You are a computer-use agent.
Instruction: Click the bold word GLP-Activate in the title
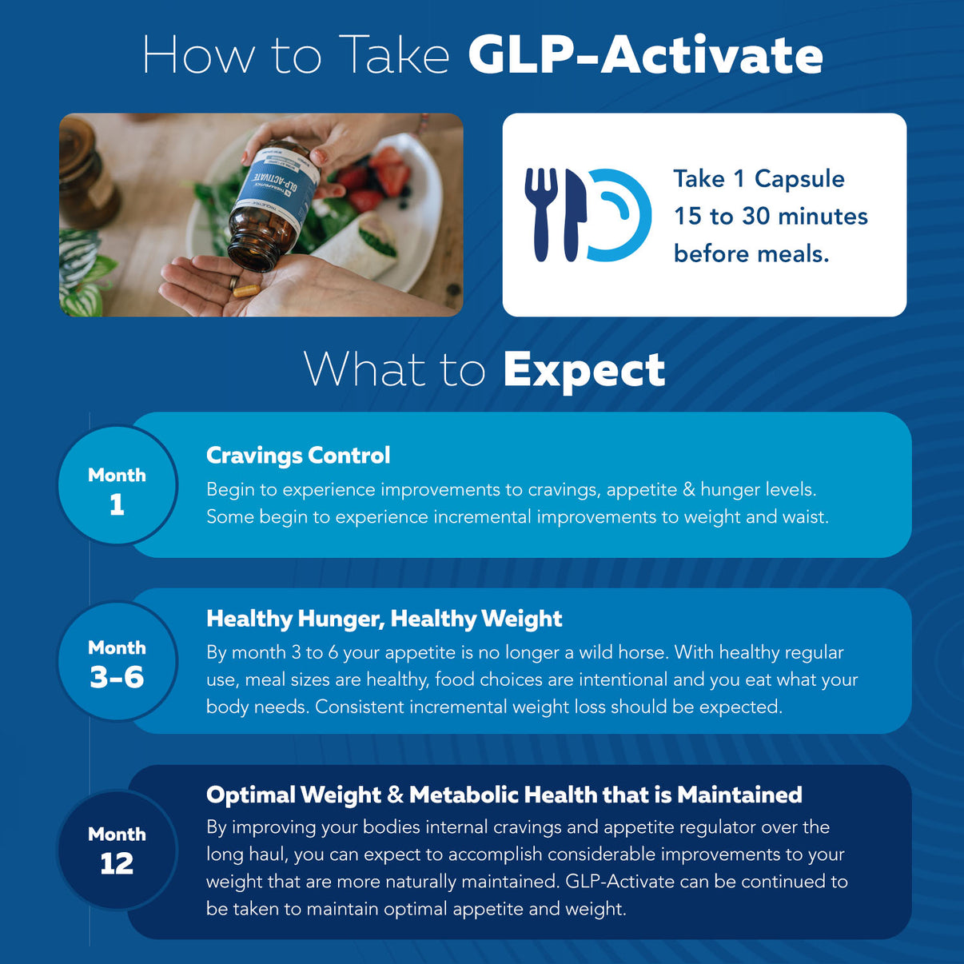(645, 55)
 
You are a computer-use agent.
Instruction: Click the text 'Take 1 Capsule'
(758, 178)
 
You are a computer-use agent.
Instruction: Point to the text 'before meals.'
(751, 253)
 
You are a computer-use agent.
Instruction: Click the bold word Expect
(584, 370)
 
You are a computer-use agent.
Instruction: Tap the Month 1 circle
(117, 486)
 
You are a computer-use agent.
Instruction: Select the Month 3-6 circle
(117, 662)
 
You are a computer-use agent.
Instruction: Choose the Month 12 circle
(117, 850)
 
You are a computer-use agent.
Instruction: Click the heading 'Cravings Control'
(298, 455)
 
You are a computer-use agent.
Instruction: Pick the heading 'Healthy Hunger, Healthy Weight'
(384, 618)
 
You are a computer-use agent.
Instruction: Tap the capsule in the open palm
(245, 289)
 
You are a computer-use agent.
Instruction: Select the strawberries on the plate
(382, 172)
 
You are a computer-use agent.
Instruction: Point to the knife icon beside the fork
(572, 214)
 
